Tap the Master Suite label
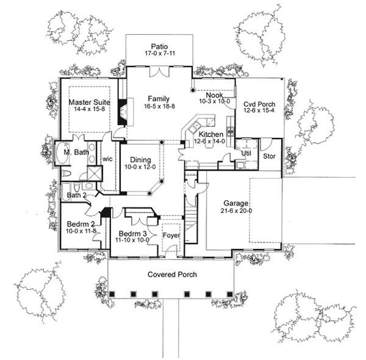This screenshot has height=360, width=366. click(x=88, y=103)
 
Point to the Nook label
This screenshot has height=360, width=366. click(x=213, y=95)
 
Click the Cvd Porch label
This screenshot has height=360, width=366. click(x=259, y=104)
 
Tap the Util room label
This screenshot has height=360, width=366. click(x=246, y=154)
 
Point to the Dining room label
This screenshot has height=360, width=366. click(x=140, y=159)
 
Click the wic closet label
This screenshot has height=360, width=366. click(x=108, y=158)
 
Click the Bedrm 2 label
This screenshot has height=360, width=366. click(x=79, y=224)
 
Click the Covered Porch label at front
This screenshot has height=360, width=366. click(x=172, y=275)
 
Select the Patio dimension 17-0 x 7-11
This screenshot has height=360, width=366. click(x=160, y=54)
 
